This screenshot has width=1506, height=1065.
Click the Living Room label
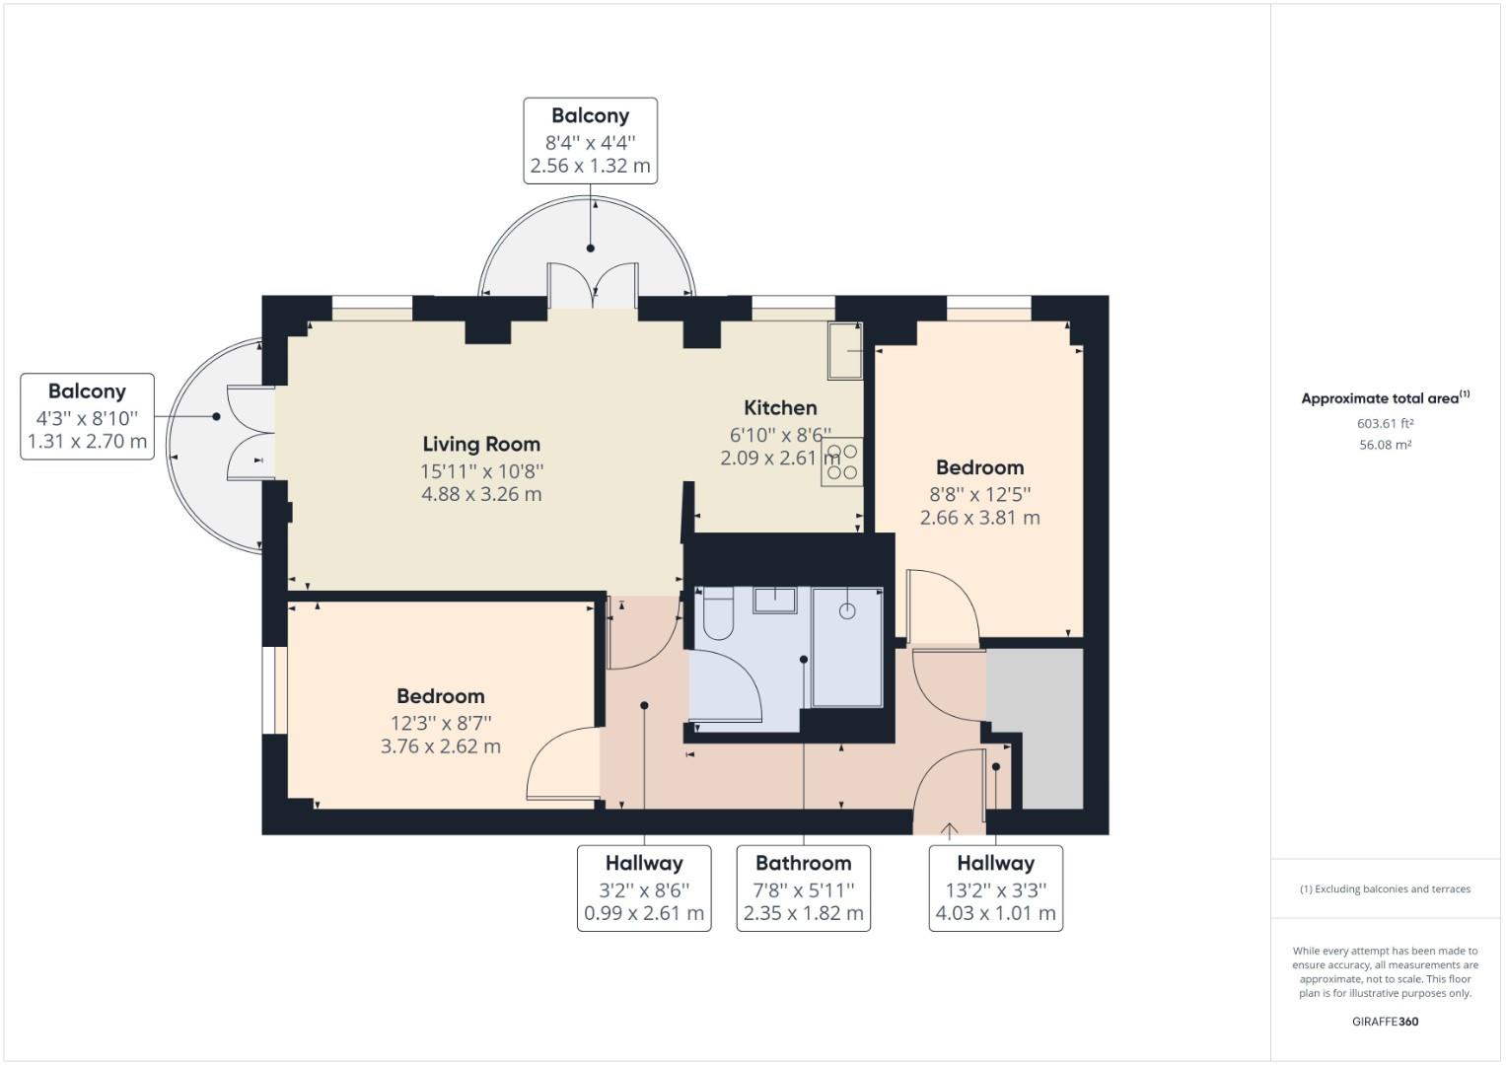click(x=481, y=444)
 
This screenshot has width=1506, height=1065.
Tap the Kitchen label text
click(x=780, y=407)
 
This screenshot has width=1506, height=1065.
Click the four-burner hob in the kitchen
click(x=841, y=461)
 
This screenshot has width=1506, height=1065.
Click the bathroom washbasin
click(x=774, y=600)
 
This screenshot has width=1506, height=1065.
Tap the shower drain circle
click(x=847, y=611)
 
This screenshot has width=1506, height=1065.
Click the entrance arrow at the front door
click(x=949, y=830)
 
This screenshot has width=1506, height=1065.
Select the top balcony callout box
click(x=590, y=140)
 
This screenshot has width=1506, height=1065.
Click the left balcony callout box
click(x=87, y=416)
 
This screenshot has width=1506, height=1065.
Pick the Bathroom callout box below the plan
click(x=803, y=887)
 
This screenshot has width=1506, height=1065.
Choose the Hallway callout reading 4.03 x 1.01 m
click(x=995, y=887)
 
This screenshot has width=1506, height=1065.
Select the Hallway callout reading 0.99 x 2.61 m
click(x=643, y=887)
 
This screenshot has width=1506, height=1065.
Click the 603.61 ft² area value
click(x=1385, y=424)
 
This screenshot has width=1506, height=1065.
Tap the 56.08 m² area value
click(x=1385, y=445)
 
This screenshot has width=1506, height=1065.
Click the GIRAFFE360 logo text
click(x=1385, y=1022)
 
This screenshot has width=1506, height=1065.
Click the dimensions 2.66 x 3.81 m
click(x=979, y=518)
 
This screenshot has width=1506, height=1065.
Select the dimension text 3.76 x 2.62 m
click(x=441, y=746)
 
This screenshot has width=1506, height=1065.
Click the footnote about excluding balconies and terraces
click(x=1385, y=888)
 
